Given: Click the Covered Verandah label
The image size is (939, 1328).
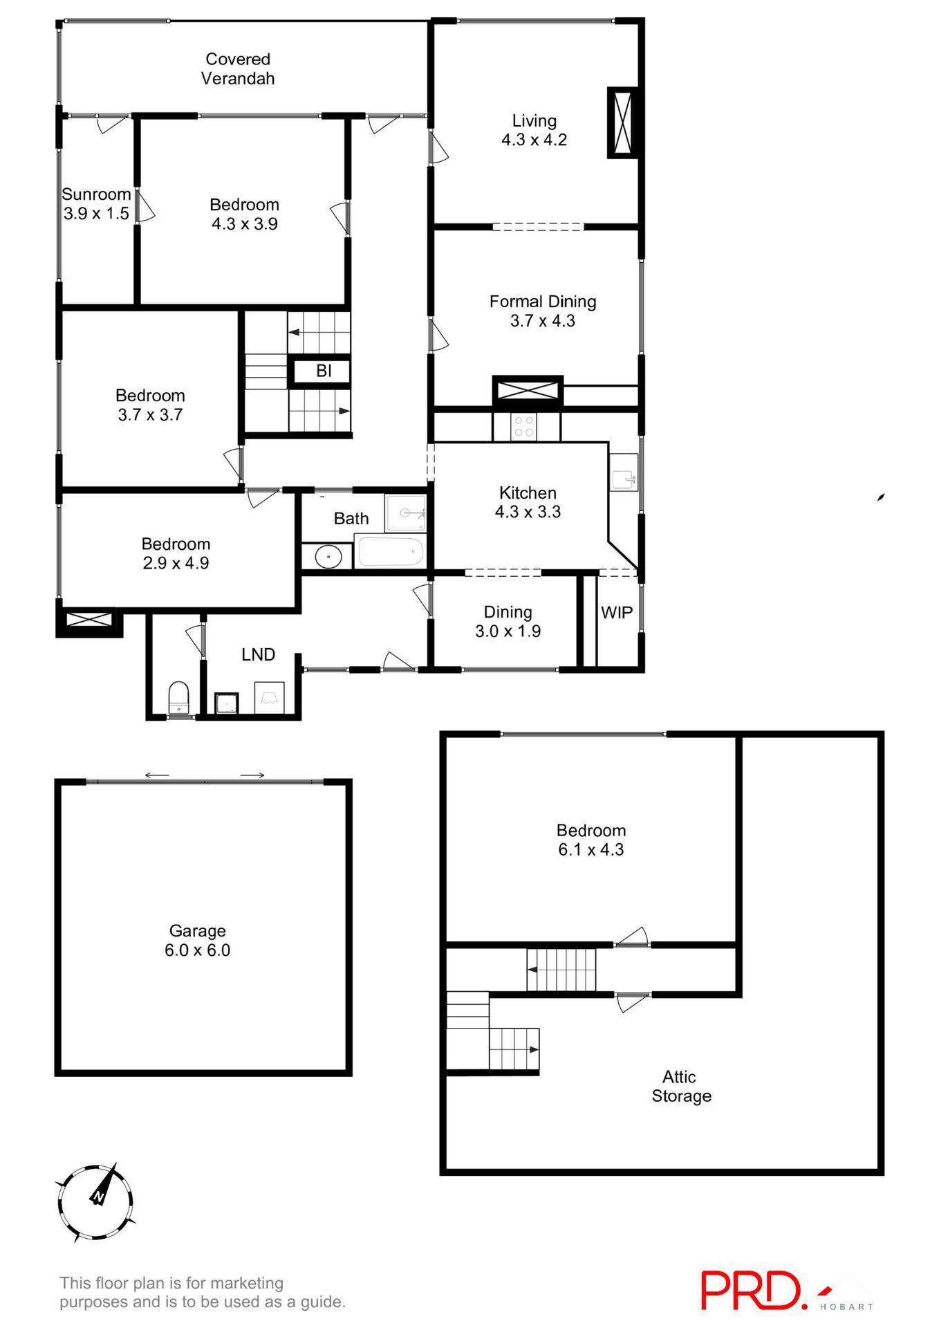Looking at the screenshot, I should [x=238, y=69].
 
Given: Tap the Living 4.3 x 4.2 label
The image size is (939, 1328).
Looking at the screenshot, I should [x=534, y=130].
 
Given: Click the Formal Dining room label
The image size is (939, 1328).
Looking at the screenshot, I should [x=543, y=311].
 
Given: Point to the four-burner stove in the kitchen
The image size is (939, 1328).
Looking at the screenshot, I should [x=525, y=426].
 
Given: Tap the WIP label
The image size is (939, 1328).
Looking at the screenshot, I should [x=617, y=612].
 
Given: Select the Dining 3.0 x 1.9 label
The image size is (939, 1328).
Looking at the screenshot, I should [x=508, y=621].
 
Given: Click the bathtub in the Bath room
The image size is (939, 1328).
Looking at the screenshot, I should [x=391, y=552].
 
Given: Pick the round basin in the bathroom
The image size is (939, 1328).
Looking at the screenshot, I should [x=328, y=556].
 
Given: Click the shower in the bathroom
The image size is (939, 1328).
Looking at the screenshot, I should [x=405, y=513].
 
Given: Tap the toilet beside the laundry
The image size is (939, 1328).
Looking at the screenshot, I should [x=178, y=697].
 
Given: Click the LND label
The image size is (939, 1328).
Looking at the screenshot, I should [x=258, y=654].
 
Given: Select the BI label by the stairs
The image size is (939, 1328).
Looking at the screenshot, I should [x=324, y=371].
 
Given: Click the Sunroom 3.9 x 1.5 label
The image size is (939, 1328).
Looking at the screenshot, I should [x=96, y=203].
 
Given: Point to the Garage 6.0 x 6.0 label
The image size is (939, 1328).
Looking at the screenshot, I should [x=198, y=940].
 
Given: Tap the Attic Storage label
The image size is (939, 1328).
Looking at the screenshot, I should [x=681, y=1086].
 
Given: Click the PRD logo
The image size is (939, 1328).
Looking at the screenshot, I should [x=754, y=1289].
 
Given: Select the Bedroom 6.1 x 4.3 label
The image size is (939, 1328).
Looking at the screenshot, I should [x=591, y=840].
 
